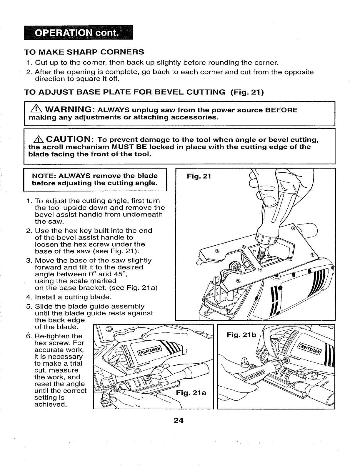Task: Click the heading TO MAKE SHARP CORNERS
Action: tap(84, 52)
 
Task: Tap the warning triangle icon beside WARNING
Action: tap(34, 110)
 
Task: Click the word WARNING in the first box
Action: tap(68, 110)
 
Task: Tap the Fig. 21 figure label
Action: tap(199, 176)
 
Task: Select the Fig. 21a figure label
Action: tap(191, 393)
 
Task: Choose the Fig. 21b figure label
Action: tap(242, 335)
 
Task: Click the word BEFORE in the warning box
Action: tap(281, 110)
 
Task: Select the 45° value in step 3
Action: tap(121, 274)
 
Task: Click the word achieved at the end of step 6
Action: tap(50, 405)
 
